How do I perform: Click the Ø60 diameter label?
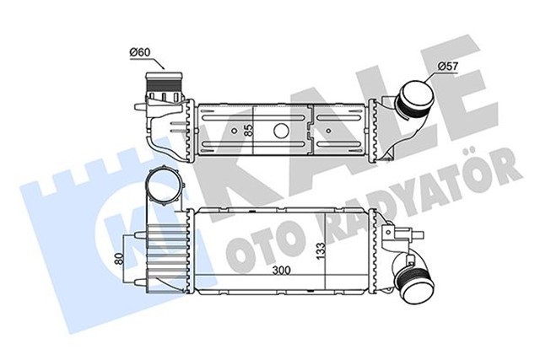[139, 54]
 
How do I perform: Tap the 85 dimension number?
[248, 131]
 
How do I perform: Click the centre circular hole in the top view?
[279, 132]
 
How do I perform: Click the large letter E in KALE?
[460, 84]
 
